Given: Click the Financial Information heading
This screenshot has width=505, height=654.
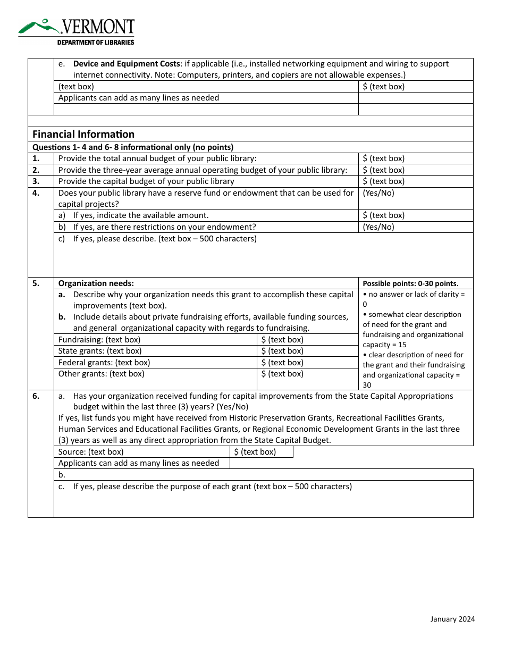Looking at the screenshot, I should coord(83,134).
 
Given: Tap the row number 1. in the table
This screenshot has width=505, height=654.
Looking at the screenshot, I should coord(36,158).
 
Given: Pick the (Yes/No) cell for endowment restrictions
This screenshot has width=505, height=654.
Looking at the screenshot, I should coord(378,227).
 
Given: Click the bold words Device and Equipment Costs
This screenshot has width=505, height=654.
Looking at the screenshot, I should coord(127,64).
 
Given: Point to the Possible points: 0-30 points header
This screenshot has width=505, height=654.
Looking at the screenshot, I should coord(410,283).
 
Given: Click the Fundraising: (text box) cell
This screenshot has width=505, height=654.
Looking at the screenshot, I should coord(99,340).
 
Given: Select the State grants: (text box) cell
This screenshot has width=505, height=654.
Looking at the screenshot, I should coord(100,351).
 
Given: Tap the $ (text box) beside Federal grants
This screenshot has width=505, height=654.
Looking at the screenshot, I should coord(282,363).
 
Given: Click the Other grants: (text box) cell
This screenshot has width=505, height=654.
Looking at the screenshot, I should coord(101,374).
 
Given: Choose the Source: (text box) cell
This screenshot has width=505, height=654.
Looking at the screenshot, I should coord(91,452).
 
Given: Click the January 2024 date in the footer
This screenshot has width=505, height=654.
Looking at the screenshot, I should coord(452,619).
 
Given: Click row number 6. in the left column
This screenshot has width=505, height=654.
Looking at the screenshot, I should coord(36,396).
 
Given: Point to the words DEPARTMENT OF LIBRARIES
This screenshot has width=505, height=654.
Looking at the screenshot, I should coord(96,43).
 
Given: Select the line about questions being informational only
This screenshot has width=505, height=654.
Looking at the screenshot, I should coord(133,147).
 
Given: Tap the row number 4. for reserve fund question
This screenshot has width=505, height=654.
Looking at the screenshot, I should coord(36,193).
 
